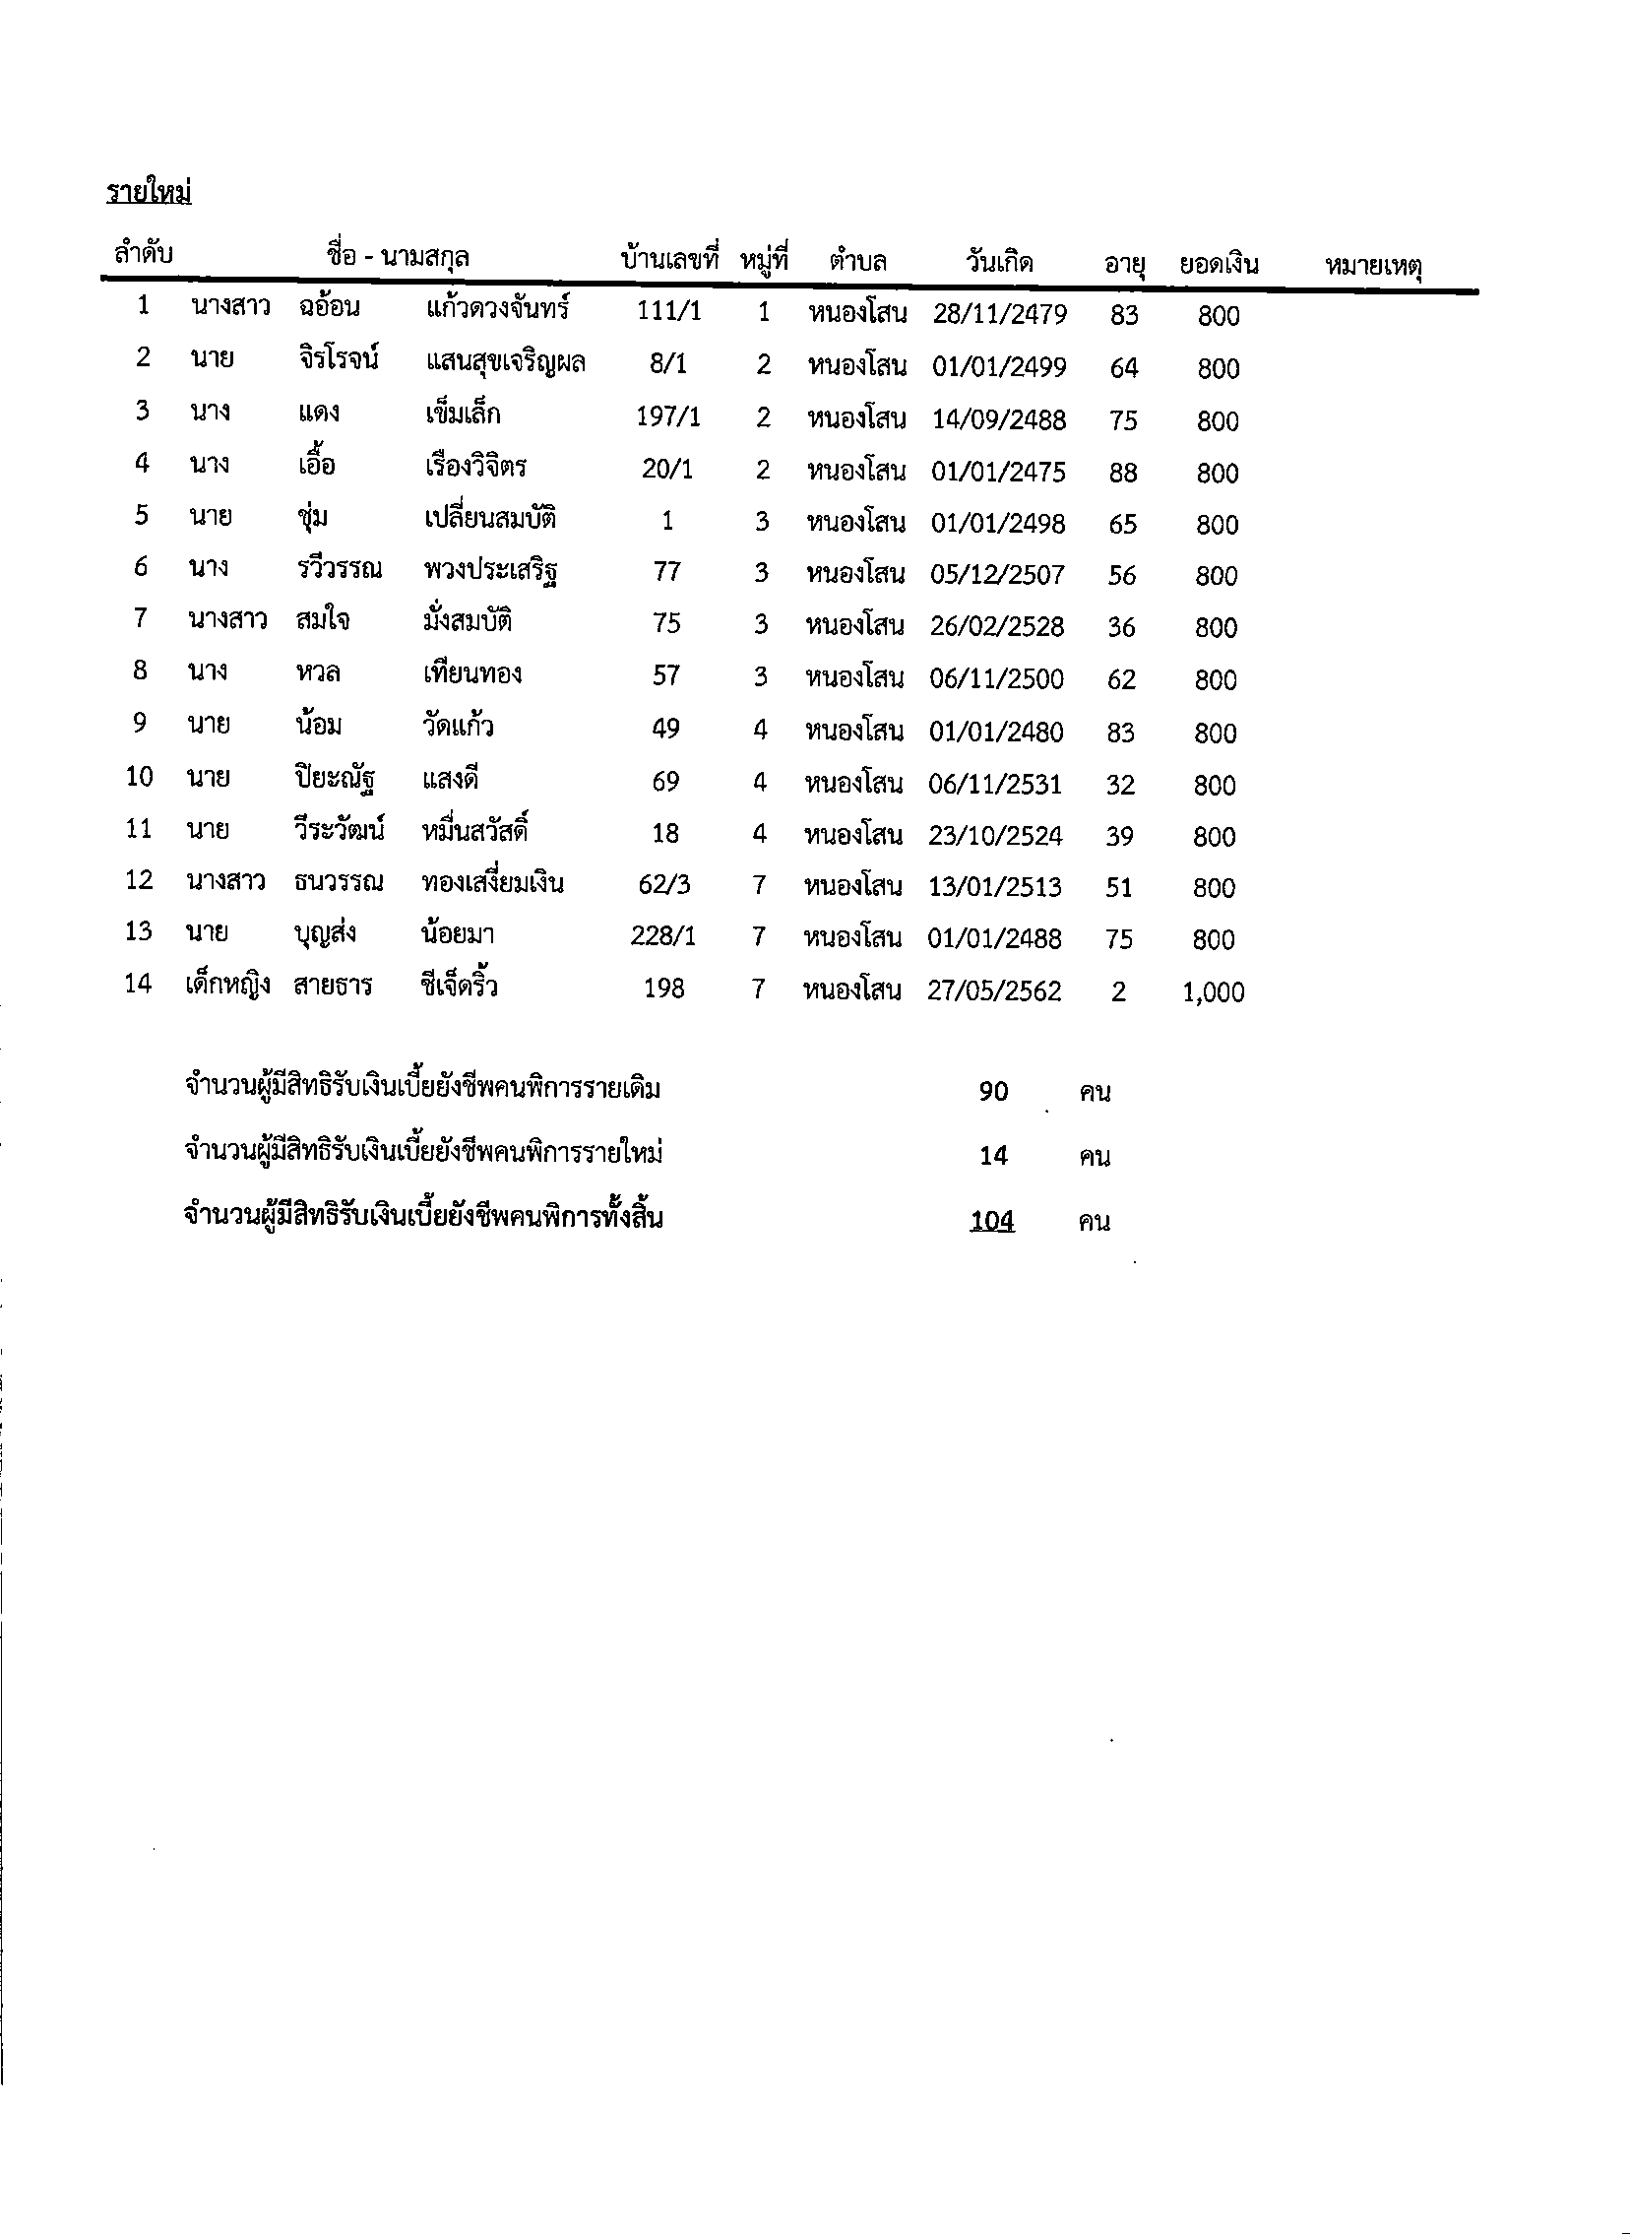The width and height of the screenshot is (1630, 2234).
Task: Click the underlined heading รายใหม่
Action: pyautogui.click(x=149, y=192)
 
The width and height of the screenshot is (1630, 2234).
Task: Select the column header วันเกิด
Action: pyautogui.click(x=998, y=263)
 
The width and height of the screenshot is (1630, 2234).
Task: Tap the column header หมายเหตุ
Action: pyautogui.click(x=1372, y=266)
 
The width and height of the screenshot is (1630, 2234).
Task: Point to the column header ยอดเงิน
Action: pyautogui.click(x=1219, y=264)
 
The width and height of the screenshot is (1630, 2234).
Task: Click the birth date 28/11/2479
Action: pyautogui.click(x=999, y=315)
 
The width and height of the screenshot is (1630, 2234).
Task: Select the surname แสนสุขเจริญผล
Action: pyautogui.click(x=505, y=362)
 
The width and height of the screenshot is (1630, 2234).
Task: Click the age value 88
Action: pyautogui.click(x=1123, y=473)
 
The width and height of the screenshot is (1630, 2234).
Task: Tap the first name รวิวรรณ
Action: pyautogui.click(x=339, y=569)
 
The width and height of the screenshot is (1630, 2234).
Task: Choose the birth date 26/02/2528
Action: pyautogui.click(x=996, y=626)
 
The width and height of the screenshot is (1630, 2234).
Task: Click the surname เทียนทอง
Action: pyautogui.click(x=471, y=674)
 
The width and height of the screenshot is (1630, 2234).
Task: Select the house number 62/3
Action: pyautogui.click(x=664, y=884)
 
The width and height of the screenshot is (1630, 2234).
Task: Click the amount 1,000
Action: pyautogui.click(x=1213, y=991)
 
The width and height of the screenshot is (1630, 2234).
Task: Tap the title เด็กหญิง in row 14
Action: pyautogui.click(x=227, y=985)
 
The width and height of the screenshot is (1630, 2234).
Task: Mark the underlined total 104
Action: pyautogui.click(x=991, y=1221)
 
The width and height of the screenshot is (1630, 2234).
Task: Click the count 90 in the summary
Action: pyautogui.click(x=992, y=1090)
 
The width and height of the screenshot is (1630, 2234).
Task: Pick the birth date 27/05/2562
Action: pyautogui.click(x=993, y=990)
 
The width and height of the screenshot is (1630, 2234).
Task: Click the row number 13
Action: pyautogui.click(x=138, y=931)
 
